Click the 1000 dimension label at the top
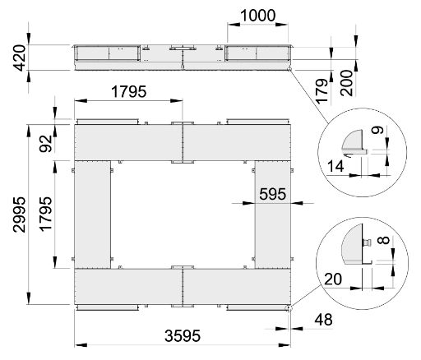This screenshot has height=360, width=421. [x=257, y=16]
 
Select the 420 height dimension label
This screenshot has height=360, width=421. [x=20, y=58]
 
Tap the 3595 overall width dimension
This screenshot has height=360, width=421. [x=183, y=335]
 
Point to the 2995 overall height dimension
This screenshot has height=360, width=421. [x=20, y=215]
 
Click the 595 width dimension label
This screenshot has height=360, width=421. [x=272, y=194]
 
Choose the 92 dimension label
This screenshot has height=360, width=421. [x=46, y=144]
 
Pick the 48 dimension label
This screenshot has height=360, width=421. [x=324, y=320]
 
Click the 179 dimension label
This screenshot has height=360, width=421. [x=322, y=91]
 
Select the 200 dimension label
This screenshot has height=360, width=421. [x=346, y=83]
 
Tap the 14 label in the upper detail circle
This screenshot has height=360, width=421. [x=335, y=166]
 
